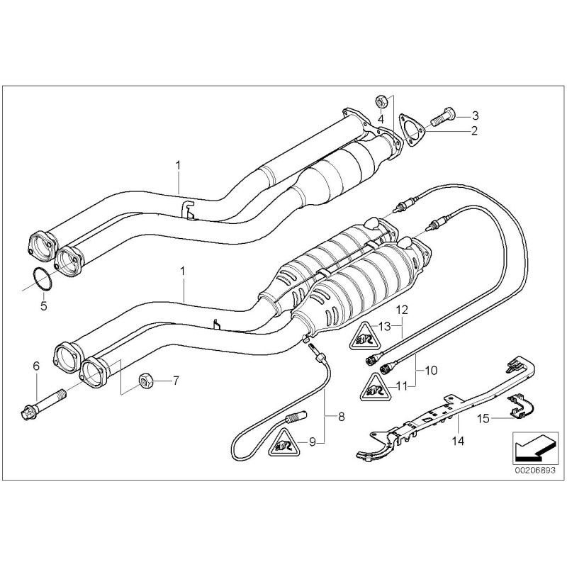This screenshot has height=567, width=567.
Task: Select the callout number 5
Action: pos(43,306)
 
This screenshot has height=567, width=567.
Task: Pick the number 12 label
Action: pos(402,309)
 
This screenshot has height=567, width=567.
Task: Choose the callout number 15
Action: pos(481,418)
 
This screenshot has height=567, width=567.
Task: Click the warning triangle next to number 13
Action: pos(363,334)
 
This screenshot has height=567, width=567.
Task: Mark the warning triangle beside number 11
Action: pos(376,388)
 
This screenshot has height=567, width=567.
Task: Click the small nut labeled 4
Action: pos(380,101)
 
